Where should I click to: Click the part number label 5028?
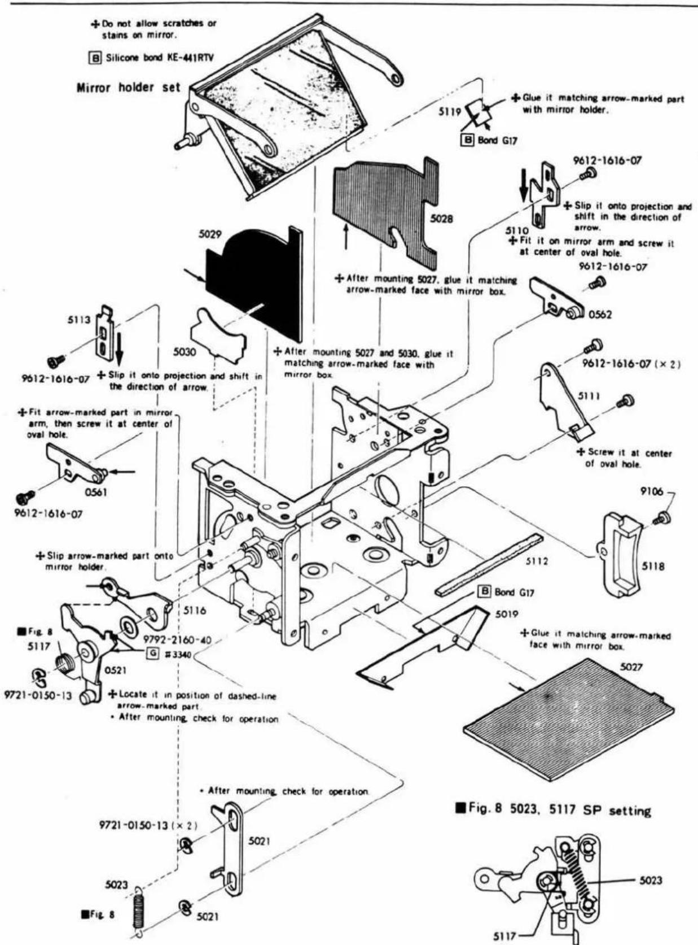point(441,219)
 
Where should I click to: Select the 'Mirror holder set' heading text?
point(129,88)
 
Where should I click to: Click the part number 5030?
point(185,352)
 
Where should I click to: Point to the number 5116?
point(195,611)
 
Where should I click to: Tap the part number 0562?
point(600,315)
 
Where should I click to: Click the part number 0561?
point(95,493)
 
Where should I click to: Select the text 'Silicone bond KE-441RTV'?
point(156,58)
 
